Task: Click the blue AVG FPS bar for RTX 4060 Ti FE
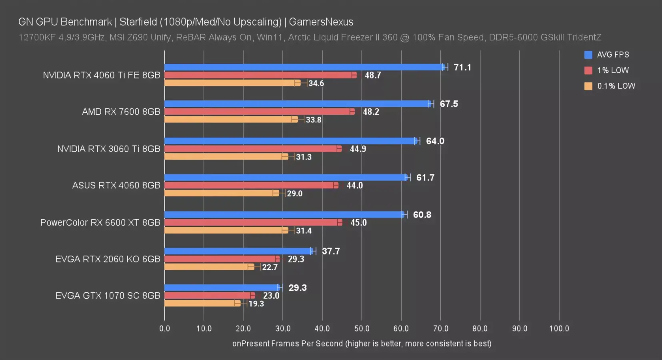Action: click(304, 67)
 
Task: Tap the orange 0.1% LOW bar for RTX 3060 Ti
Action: click(226, 157)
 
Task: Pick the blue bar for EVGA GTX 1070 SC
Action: click(222, 288)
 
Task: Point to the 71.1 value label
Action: click(462, 67)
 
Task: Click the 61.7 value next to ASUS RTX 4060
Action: click(425, 178)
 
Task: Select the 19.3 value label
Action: click(256, 304)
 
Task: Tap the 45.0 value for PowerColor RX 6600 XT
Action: click(358, 222)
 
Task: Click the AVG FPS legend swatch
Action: click(588, 55)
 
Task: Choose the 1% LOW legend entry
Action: click(613, 70)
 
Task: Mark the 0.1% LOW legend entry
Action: click(616, 86)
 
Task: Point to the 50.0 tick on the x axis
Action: click(362, 328)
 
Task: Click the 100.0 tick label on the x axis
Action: click(559, 328)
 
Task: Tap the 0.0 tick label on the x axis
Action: click(164, 328)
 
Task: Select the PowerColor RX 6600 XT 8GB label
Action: click(100, 222)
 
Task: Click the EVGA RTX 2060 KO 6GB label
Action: click(108, 259)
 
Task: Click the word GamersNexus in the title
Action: click(321, 22)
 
